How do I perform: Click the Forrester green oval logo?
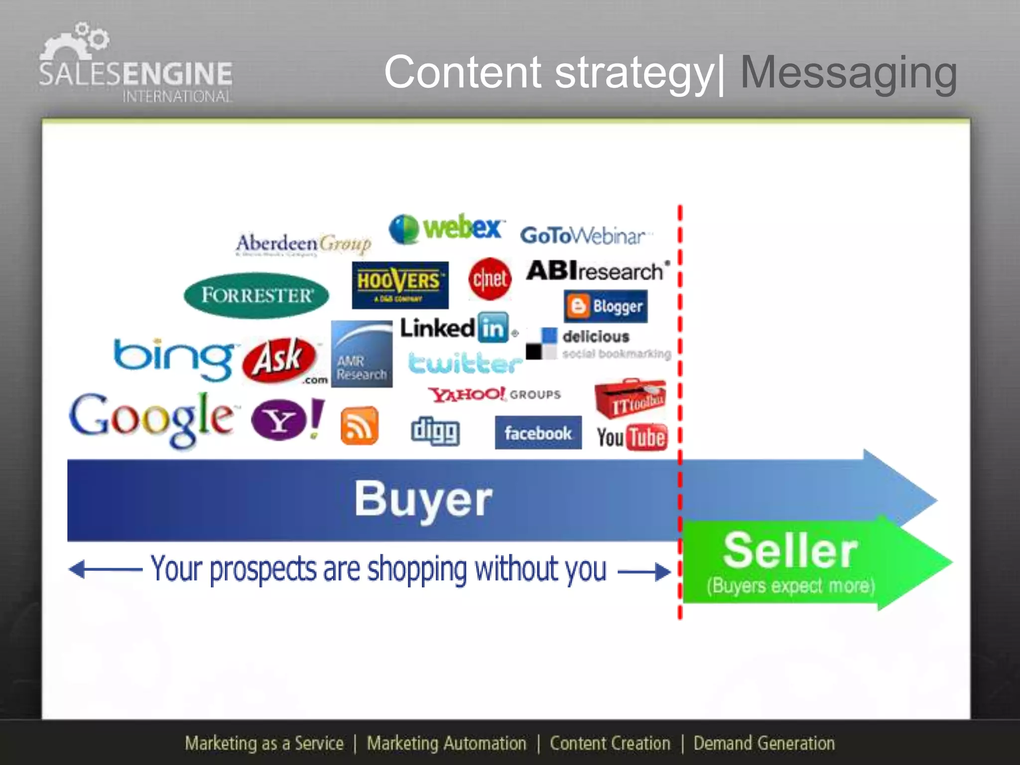[256, 295]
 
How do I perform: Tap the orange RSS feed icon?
[359, 426]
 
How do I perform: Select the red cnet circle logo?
[490, 279]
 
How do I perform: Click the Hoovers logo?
[400, 285]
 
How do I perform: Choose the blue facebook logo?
[538, 433]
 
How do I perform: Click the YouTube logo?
[632, 437]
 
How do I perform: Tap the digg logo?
[435, 431]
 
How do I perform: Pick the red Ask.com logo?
[280, 360]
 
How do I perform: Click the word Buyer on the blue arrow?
[423, 499]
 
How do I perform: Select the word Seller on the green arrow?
[790, 551]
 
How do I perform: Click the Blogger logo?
[606, 306]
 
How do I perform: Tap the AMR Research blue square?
[362, 354]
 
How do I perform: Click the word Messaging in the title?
[848, 73]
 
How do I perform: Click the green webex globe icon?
[403, 229]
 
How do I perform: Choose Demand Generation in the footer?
[764, 744]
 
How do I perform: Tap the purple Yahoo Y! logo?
[287, 419]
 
